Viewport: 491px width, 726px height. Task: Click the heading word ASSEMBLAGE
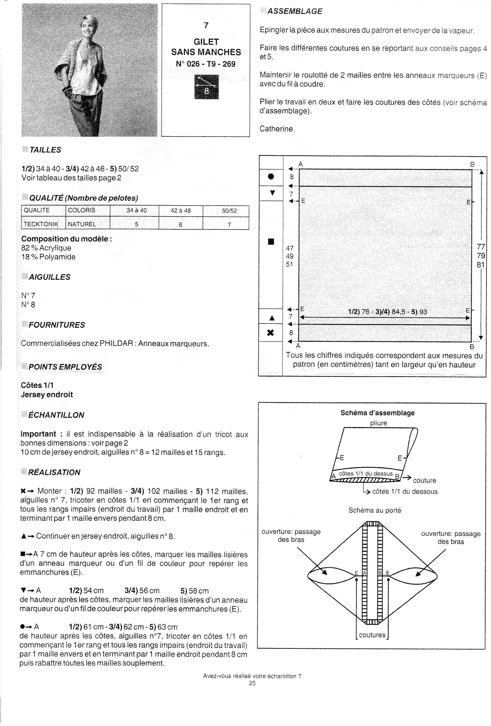(x=294, y=11)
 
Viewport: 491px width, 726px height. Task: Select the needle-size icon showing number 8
(x=206, y=87)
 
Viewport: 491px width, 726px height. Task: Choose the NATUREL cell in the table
(x=82, y=224)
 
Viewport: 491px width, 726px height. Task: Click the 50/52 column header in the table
(x=229, y=211)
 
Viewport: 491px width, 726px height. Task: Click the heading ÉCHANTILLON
(x=56, y=415)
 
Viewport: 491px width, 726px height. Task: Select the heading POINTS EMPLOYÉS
(x=65, y=367)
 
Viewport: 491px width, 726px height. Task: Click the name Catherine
(x=276, y=129)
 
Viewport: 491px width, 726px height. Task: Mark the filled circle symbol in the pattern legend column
(x=271, y=177)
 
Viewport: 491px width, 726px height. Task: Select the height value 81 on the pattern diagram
(x=480, y=265)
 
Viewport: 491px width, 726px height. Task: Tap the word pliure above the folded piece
(x=378, y=423)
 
